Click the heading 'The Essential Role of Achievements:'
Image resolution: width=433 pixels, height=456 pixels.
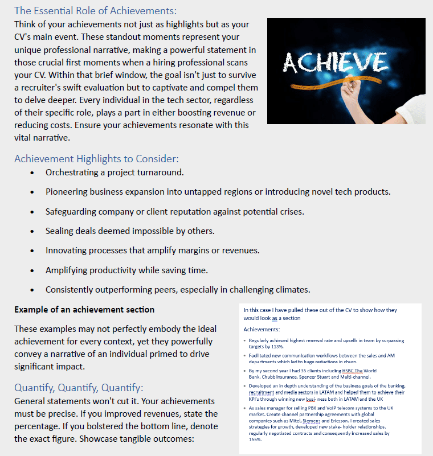coord(95,11)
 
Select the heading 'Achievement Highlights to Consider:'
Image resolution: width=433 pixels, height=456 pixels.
coord(96,159)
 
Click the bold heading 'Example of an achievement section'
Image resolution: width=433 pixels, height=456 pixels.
coord(84,310)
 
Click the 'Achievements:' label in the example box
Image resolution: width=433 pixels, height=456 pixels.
coord(262,330)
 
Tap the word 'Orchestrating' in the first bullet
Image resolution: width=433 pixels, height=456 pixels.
coord(72,172)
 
